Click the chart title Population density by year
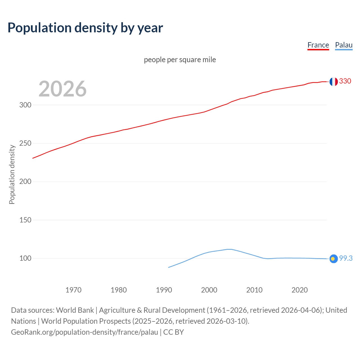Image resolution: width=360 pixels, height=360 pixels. pos(85,28)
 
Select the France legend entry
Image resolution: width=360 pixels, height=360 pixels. pos(318,45)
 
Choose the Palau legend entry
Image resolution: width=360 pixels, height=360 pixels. pos(344,45)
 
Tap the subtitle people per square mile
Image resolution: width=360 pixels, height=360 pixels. pos(180,60)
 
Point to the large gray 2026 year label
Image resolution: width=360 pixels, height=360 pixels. pos(62,89)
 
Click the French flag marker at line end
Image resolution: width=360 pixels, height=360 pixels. pos(334,82)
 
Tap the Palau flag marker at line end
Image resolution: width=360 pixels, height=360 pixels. pos(334,259)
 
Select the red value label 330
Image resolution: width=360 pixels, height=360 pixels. pos(345,81)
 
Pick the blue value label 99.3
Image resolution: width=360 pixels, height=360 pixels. pos(346,258)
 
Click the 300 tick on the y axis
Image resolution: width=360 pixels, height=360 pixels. pos(25,105)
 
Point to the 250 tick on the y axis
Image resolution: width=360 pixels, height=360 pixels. pos(25,143)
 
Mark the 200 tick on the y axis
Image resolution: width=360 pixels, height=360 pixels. pos(25,182)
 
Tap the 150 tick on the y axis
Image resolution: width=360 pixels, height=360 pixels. pos(25,220)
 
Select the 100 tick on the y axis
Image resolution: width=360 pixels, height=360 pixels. pos(25,258)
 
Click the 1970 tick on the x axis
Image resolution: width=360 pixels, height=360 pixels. pos(73,290)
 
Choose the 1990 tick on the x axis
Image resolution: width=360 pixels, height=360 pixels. pos(164,290)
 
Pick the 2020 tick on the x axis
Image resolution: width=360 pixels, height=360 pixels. pos(300,290)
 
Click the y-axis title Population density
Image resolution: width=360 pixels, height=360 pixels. pos(12,174)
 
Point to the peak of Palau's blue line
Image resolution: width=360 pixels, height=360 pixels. pos(229,249)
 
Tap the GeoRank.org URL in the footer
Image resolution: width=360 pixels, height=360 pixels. pos(84,332)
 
